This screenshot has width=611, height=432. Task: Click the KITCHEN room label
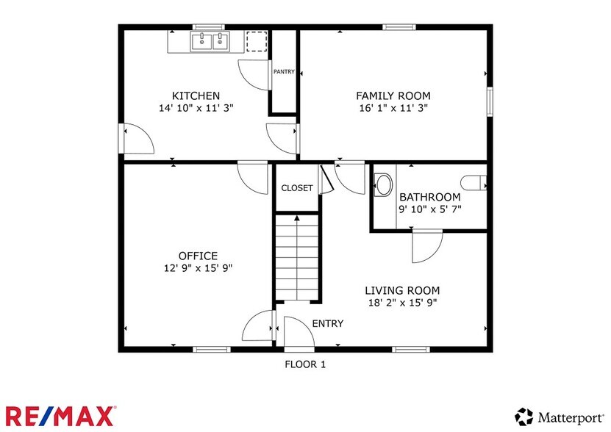(x=196, y=96)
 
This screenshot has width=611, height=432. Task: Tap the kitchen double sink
(x=210, y=41)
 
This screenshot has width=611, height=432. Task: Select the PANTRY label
(x=284, y=72)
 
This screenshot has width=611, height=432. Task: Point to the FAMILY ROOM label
(x=393, y=96)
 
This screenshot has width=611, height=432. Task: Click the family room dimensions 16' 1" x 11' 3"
(x=393, y=107)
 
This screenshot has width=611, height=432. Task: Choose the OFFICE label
(x=198, y=256)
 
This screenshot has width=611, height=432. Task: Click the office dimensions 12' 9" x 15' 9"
(x=198, y=268)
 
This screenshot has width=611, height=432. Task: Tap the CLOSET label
(x=297, y=188)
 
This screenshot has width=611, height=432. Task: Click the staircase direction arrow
(x=297, y=257)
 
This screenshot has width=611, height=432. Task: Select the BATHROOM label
(x=430, y=197)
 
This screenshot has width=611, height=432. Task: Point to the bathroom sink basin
(x=384, y=184)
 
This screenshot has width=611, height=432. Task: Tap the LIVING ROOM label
(x=402, y=290)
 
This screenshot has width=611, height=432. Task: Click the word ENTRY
(x=328, y=323)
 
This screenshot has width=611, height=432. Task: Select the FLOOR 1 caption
(x=305, y=364)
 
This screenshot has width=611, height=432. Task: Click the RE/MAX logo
(x=61, y=416)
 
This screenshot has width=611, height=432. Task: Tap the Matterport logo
(x=560, y=417)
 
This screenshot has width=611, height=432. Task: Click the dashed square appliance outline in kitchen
(x=257, y=41)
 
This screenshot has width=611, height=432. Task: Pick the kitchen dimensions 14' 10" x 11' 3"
(x=196, y=107)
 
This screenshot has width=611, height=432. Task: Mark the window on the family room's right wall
(x=490, y=101)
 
